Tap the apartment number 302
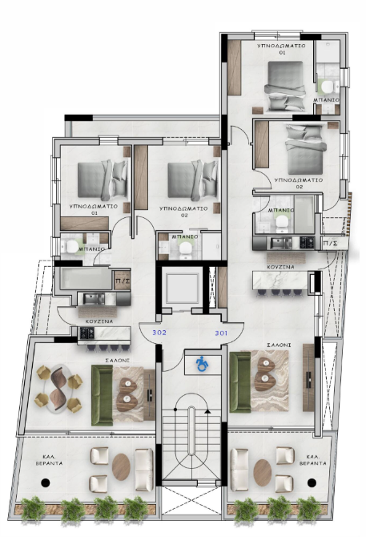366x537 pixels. click(x=159, y=333)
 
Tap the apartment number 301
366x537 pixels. click(x=221, y=333)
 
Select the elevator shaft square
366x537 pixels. click(x=181, y=289)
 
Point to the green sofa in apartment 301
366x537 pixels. click(x=240, y=382)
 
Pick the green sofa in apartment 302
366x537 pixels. click(x=102, y=395)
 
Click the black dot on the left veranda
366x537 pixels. click(x=46, y=482)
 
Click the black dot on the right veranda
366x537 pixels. click(x=312, y=482)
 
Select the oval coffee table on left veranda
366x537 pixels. click(x=121, y=466)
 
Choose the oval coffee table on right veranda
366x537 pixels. click(x=263, y=473)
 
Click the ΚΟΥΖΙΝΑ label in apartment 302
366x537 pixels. click(x=99, y=322)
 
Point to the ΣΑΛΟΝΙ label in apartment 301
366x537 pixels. click(x=279, y=345)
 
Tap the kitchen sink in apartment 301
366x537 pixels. click(x=281, y=243)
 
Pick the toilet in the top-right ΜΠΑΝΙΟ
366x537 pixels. click(x=328, y=87)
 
